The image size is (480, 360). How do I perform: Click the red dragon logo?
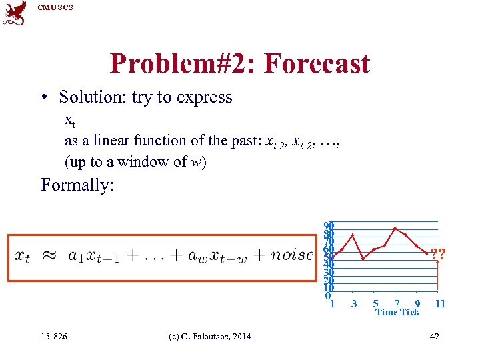point(15,13)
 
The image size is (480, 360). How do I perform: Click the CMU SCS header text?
point(55,7)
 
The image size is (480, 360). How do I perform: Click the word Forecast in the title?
point(317,64)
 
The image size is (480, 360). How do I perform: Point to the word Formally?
point(77,184)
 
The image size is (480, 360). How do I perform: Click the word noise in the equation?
point(292,255)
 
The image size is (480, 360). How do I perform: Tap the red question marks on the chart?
point(437,254)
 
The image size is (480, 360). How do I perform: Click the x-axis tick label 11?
point(440,304)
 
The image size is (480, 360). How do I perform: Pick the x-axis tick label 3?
point(354,304)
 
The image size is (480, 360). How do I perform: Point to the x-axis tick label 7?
point(397,304)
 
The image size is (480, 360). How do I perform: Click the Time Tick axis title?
point(397,312)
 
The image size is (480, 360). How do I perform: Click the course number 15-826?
point(54,336)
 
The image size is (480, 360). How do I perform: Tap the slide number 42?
point(434,336)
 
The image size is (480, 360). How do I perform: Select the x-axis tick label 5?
point(375,304)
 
